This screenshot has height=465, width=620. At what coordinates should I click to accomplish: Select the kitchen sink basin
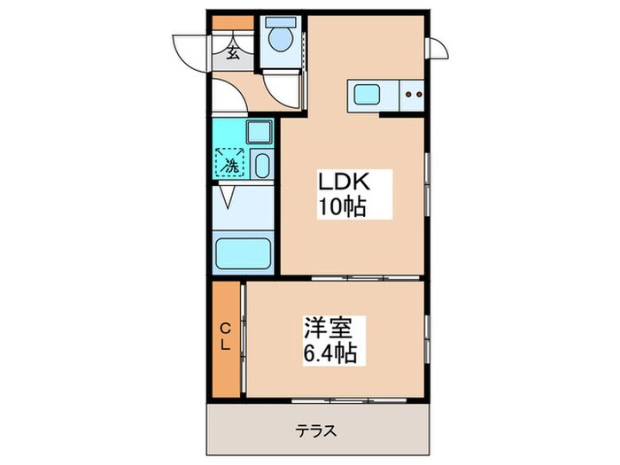367,92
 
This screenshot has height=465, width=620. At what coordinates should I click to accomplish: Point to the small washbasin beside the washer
262,166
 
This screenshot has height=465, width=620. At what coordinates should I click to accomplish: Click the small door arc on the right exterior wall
437,49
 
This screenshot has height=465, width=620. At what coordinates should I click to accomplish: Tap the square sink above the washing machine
260,133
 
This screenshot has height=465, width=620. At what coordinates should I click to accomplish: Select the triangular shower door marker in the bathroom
228,197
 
